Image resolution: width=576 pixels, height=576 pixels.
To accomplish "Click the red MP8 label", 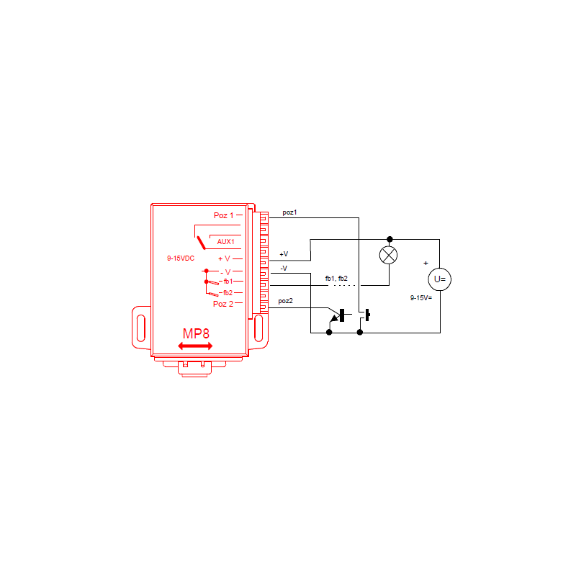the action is point(196,333).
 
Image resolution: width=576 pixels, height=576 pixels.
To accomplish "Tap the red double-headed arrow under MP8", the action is point(195,346).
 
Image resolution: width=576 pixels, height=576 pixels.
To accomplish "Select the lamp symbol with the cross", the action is point(388,255).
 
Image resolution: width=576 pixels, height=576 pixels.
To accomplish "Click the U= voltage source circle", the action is point(440,279).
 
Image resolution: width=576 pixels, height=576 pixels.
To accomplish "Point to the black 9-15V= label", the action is point(421,298).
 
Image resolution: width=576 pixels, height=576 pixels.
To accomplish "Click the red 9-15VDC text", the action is point(181,258).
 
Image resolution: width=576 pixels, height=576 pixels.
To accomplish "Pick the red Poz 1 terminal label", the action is point(223,215).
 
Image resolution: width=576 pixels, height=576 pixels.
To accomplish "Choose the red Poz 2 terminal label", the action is point(223,304).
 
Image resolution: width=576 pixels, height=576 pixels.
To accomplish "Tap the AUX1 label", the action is point(225,242).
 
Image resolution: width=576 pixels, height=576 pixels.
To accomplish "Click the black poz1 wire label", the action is point(289,212).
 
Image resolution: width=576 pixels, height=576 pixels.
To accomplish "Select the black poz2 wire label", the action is point(285,301).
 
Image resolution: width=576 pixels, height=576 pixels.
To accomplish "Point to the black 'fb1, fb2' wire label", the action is point(336,279).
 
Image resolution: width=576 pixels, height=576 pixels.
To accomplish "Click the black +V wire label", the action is point(284,254).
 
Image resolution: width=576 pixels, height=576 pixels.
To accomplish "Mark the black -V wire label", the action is point(284,268).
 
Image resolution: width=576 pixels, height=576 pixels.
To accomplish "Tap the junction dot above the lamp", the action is point(390,240).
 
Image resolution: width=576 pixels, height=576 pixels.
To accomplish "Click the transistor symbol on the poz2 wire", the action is point(337,317).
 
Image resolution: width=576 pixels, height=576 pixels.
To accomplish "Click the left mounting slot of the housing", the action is point(140,328).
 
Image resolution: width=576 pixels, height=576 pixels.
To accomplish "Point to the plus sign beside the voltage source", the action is point(426,263).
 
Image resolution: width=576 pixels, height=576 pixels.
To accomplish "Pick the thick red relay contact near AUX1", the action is point(201,243).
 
